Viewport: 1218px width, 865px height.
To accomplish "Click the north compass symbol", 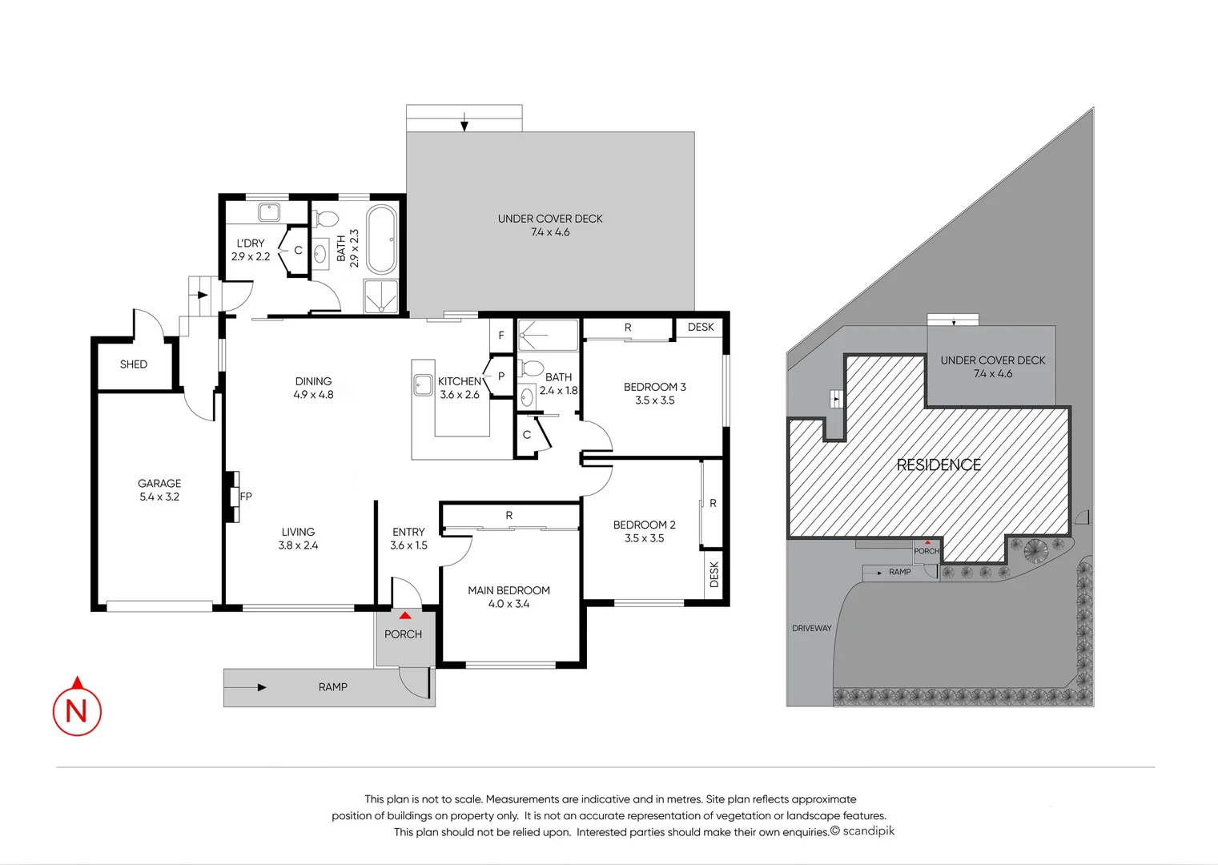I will point(77,708).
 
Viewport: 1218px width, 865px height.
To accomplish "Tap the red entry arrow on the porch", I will point(405,616).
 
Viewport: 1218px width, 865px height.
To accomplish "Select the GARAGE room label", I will point(159,483).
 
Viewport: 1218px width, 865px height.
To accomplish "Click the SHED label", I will point(134,364).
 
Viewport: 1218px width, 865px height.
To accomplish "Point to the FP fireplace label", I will point(246,497).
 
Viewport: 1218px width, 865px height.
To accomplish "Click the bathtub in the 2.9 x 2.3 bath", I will point(381,239).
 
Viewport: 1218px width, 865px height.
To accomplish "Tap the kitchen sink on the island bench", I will point(423,385).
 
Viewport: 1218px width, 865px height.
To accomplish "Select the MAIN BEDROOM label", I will point(509,590).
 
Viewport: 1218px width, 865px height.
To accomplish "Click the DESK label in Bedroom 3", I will point(701,327).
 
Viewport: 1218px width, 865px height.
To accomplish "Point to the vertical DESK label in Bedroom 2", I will point(714,574).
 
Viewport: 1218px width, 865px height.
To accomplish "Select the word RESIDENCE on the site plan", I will point(939,465).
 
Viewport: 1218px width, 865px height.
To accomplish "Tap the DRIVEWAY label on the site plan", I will point(811,628).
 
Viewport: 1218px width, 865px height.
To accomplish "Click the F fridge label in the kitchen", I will point(501,336).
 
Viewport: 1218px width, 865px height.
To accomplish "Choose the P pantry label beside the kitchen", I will point(501,376).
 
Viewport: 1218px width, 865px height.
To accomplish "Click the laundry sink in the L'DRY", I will point(268,212).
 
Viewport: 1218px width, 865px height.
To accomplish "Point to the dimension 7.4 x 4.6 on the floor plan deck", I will point(550,232).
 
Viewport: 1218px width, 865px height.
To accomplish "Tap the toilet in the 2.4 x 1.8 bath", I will point(532,369).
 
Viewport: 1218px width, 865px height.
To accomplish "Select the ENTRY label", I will point(408,532).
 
